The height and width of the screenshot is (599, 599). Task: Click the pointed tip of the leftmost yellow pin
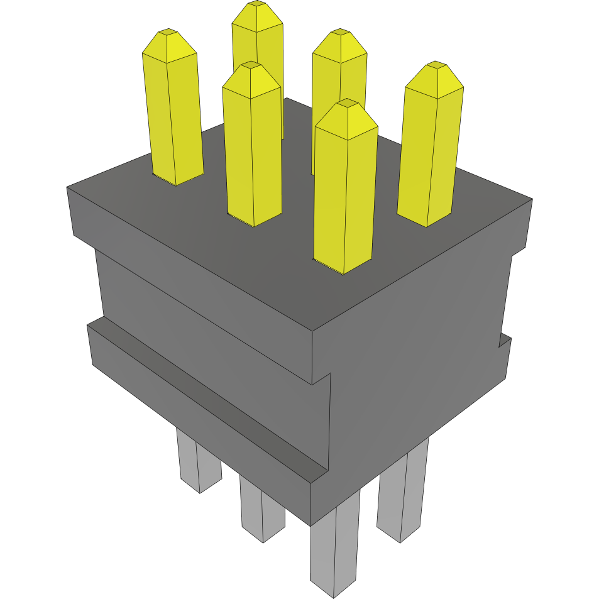click(x=167, y=31)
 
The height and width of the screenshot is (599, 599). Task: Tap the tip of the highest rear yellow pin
click(x=256, y=4)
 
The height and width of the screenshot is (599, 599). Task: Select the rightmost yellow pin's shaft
click(x=429, y=157)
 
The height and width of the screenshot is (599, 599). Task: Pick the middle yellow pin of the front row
click(x=251, y=151)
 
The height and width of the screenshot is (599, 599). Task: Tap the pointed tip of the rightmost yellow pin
click(x=434, y=64)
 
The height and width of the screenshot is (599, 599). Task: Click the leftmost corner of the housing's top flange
click(x=67, y=187)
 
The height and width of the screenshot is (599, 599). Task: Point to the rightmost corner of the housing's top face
click(x=532, y=200)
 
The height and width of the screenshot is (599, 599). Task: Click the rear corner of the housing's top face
click(x=286, y=98)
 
